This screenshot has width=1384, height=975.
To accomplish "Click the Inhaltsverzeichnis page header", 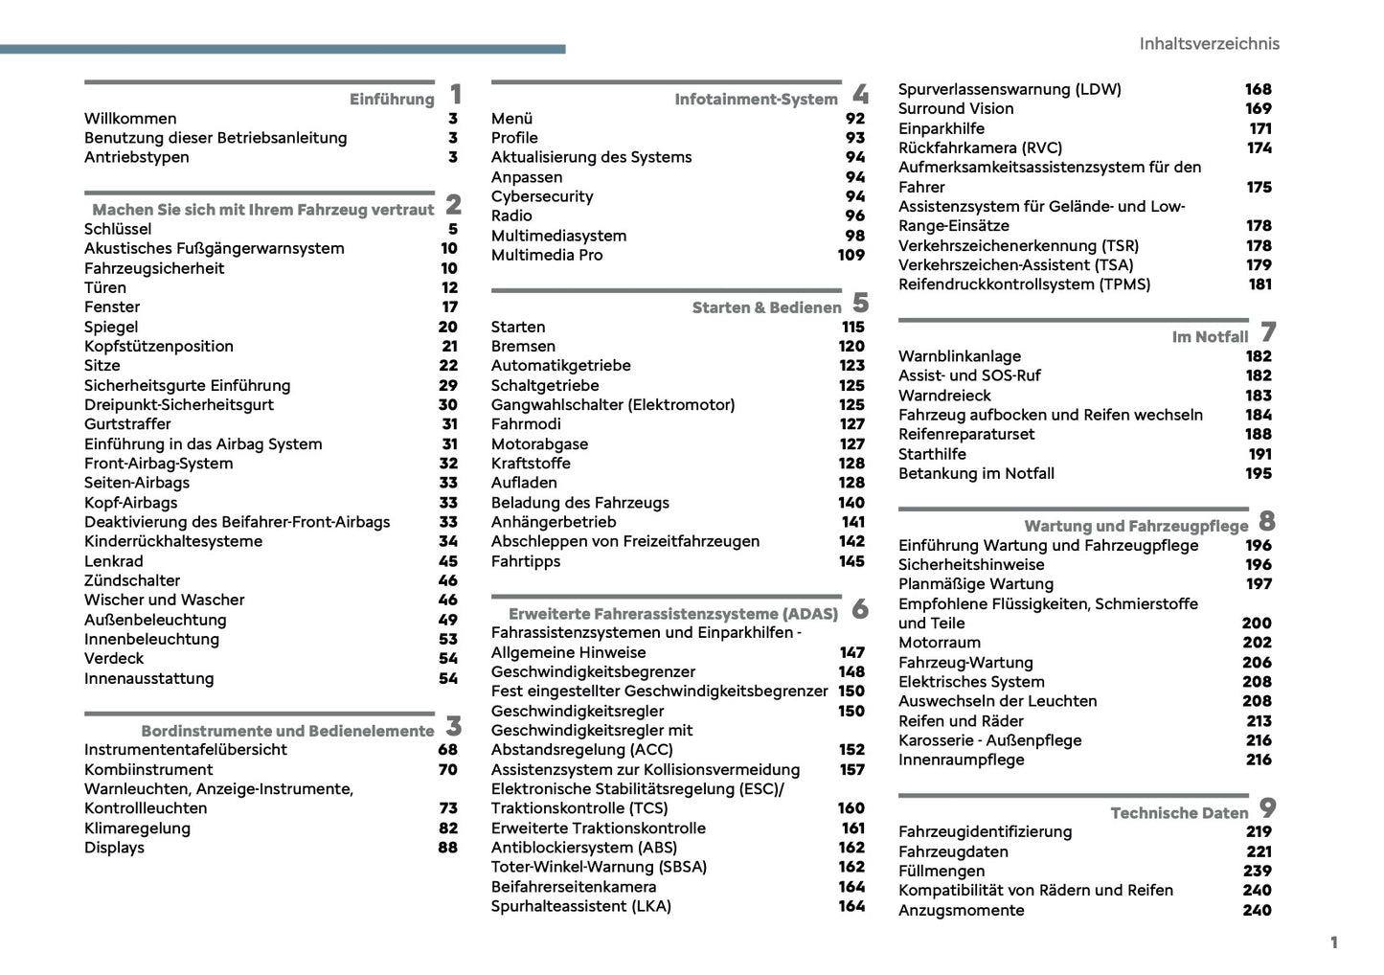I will point(1209,44).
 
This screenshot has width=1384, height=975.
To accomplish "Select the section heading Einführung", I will point(392,99).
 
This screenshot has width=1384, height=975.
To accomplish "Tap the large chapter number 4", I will point(860,95).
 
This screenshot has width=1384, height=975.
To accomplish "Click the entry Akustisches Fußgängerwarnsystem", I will point(214,248).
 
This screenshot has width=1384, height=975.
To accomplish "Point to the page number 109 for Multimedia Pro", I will point(851,255).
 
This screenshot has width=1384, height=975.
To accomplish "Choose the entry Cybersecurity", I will point(542,196).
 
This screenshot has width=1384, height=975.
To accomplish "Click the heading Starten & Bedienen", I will point(766,307).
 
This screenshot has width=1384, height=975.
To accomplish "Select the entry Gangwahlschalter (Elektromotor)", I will point(613,404).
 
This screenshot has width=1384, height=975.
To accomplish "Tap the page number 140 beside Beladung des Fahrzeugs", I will point(851,502).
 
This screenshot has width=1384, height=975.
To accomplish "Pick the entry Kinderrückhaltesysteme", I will point(173,541).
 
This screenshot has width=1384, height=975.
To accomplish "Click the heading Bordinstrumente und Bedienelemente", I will point(287,731).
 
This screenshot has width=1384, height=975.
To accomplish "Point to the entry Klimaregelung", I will point(137,828).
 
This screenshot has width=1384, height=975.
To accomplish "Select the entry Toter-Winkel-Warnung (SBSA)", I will point(599,867).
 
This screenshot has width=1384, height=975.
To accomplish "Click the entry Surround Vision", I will point(956,108).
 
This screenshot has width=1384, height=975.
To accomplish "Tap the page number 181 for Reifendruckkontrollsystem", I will point(1259,283).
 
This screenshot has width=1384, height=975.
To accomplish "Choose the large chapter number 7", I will point(1268,332).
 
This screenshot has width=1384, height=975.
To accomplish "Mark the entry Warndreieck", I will point(944,396).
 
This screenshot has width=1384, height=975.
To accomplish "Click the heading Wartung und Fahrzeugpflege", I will point(1136,526).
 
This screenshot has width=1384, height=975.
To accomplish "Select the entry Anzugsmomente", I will point(961,910).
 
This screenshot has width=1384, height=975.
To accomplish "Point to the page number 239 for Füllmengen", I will point(1258,871).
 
